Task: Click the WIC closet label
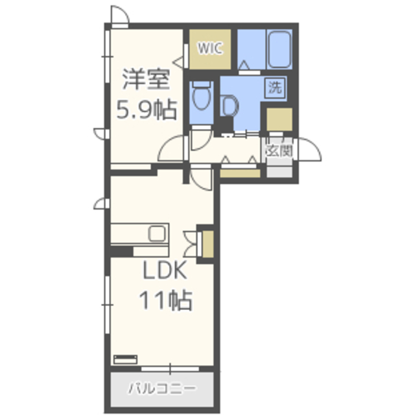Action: tap(209, 49)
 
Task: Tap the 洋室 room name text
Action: tap(146, 79)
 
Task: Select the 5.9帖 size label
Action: tap(147, 110)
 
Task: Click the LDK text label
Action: tap(165, 270)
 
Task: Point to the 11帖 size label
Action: tap(165, 300)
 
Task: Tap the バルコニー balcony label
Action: tap(162, 389)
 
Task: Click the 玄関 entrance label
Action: tap(279, 151)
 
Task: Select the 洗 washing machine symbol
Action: tap(275, 88)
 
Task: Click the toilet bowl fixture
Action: tap(202, 95)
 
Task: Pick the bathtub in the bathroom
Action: tap(279, 49)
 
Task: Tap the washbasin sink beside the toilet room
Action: tap(229, 106)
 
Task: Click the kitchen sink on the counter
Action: tap(158, 233)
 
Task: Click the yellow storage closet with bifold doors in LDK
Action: tap(208, 244)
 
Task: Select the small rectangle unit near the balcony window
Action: tap(125, 359)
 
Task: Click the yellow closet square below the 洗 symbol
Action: tap(279, 119)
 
